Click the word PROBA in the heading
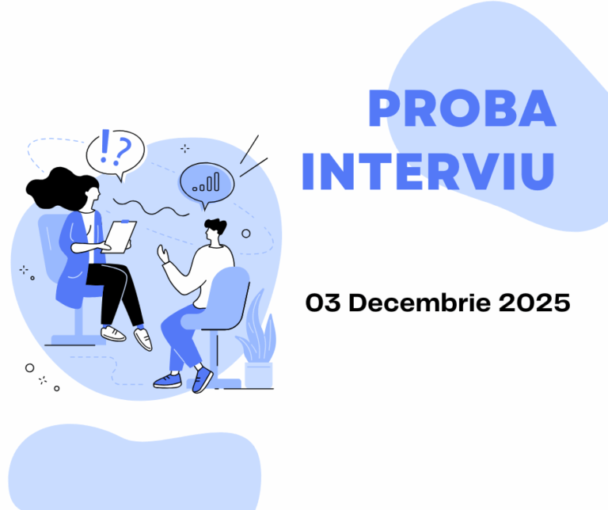point(462,110)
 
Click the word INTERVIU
point(427,172)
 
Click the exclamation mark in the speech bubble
point(105,147)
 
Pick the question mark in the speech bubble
point(123,147)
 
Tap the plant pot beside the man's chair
point(258,374)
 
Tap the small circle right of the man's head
point(245,234)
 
